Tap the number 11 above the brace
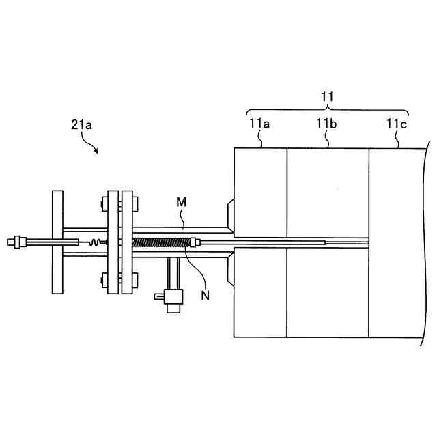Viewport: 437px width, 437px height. tap(327, 98)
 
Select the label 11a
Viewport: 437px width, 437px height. tap(260, 124)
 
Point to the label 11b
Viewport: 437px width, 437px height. tap(327, 124)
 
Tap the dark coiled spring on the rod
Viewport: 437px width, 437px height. tap(163, 242)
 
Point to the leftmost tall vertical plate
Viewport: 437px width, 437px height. tap(57, 242)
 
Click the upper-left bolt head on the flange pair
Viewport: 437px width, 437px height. tap(104, 203)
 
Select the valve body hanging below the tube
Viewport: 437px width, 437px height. tap(173, 298)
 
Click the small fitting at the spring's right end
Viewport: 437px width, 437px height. tap(195, 242)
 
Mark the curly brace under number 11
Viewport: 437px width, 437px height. tap(327, 109)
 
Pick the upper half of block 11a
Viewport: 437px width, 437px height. tap(260, 191)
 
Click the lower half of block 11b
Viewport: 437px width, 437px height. tap(327, 294)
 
